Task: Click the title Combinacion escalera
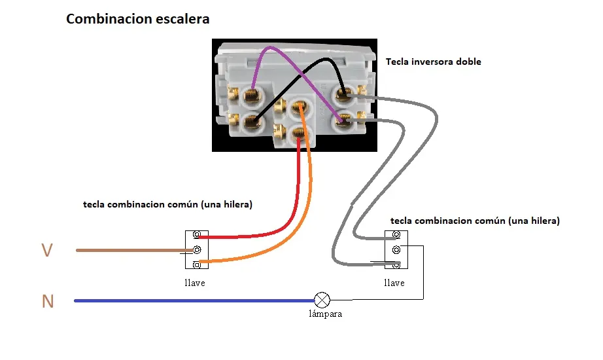point(138,19)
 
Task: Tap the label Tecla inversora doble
point(434,62)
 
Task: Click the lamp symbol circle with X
point(322,300)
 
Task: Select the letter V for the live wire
point(47,250)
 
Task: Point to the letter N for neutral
point(48,301)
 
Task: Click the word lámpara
point(325,314)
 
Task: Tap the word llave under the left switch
point(195,283)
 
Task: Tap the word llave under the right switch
point(394,283)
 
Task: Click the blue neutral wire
point(195,300)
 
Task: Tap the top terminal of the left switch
point(197,234)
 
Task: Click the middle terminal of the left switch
point(197,250)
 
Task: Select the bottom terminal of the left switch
point(197,265)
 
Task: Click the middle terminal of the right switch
point(396,250)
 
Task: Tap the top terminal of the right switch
point(396,234)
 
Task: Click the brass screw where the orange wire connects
point(298,106)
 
